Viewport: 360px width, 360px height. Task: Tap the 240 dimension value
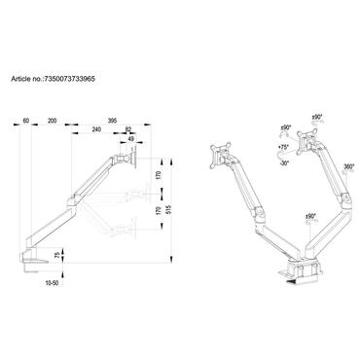[96, 128]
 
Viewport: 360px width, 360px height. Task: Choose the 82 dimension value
[129, 128]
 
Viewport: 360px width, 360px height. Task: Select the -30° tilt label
[282, 162]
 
